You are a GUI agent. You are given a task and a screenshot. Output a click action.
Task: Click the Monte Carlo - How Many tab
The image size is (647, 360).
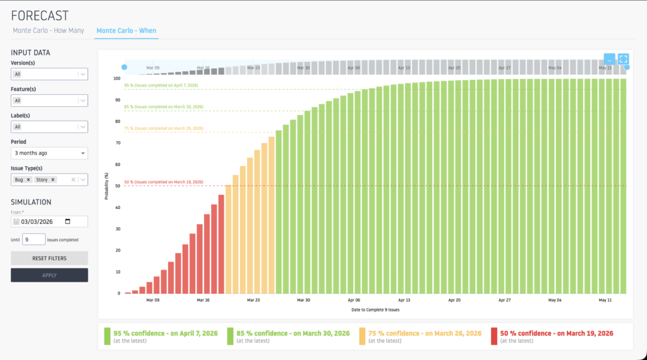pos(50,30)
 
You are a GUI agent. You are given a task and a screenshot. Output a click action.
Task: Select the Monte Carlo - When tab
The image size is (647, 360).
pos(126,30)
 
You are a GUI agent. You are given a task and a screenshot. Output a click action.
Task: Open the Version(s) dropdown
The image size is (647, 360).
pos(49,75)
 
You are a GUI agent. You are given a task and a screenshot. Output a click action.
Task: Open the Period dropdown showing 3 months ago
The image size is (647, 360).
pos(49,153)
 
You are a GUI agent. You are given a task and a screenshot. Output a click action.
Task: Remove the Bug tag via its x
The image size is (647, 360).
pos(28,180)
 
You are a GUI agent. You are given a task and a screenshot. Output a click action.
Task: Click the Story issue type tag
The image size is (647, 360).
pos(42,180)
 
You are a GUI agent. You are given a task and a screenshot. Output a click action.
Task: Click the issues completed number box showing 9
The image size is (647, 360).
pos(34,239)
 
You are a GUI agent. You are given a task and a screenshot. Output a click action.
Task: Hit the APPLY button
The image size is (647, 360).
pos(49,275)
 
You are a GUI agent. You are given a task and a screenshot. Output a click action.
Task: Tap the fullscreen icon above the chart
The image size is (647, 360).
pos(624,59)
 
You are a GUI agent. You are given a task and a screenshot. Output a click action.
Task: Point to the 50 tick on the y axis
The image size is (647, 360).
pos(117,186)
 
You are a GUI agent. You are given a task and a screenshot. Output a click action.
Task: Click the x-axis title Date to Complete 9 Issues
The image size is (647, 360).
pos(375,309)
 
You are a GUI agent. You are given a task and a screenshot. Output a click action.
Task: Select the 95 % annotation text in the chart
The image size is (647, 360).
pos(163,85)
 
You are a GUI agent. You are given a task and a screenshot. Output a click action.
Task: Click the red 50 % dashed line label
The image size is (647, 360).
pos(164,182)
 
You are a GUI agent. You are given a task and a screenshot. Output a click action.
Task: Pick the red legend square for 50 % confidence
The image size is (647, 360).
pos(493,337)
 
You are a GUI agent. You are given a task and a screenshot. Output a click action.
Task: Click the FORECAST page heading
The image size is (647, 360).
pos(40,15)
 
